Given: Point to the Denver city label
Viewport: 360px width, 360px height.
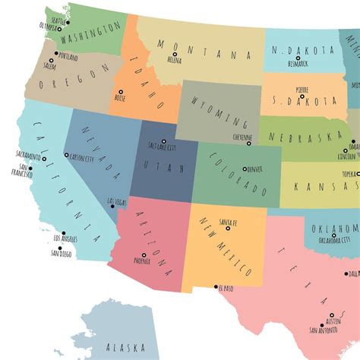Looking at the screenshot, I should coord(255,169).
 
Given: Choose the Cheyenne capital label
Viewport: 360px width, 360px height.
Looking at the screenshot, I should coord(243,137).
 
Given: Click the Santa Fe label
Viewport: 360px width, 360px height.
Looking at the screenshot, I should coord(228,221).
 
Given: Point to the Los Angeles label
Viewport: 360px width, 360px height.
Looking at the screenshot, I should coord(64,240).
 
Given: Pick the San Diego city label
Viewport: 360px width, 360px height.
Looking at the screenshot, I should coord(61,254).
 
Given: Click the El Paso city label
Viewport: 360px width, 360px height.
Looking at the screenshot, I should coord(226,289).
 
